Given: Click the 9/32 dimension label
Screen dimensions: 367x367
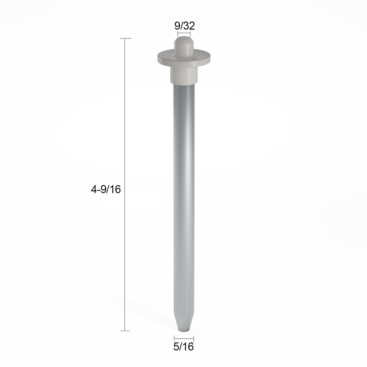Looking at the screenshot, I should pos(185,26).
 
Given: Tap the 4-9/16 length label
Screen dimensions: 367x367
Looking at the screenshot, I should pos(105,189).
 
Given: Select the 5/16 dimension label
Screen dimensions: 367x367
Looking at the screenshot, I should pos(183,347).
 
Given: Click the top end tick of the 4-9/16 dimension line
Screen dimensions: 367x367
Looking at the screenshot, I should pos(126,38).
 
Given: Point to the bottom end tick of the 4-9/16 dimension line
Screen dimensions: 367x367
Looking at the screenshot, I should pos(126,331).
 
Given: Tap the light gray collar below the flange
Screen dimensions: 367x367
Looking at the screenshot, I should pos(184,75).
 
